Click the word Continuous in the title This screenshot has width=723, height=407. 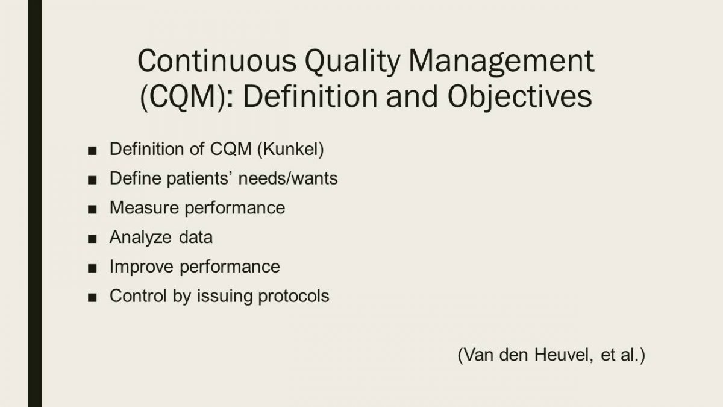[x=217, y=61]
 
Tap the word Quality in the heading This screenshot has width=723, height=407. [x=352, y=63]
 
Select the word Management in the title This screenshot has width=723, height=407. [x=501, y=63]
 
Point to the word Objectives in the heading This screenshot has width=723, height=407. [x=519, y=98]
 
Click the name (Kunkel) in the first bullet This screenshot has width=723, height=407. [x=290, y=150]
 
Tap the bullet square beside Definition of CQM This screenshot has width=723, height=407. [x=92, y=151]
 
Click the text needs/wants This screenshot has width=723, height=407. [x=288, y=178]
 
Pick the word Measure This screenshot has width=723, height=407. [x=144, y=207]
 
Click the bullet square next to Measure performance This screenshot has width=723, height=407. [x=92, y=209]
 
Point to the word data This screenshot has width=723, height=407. [x=196, y=237]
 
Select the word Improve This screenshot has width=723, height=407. [x=142, y=267]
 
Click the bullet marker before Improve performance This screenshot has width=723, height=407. [x=92, y=268]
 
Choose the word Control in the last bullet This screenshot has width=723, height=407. [x=139, y=296]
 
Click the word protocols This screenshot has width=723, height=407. [x=294, y=297]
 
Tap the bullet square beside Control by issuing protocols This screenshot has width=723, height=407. [x=92, y=297]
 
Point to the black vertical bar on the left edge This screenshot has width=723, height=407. [x=35, y=204]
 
